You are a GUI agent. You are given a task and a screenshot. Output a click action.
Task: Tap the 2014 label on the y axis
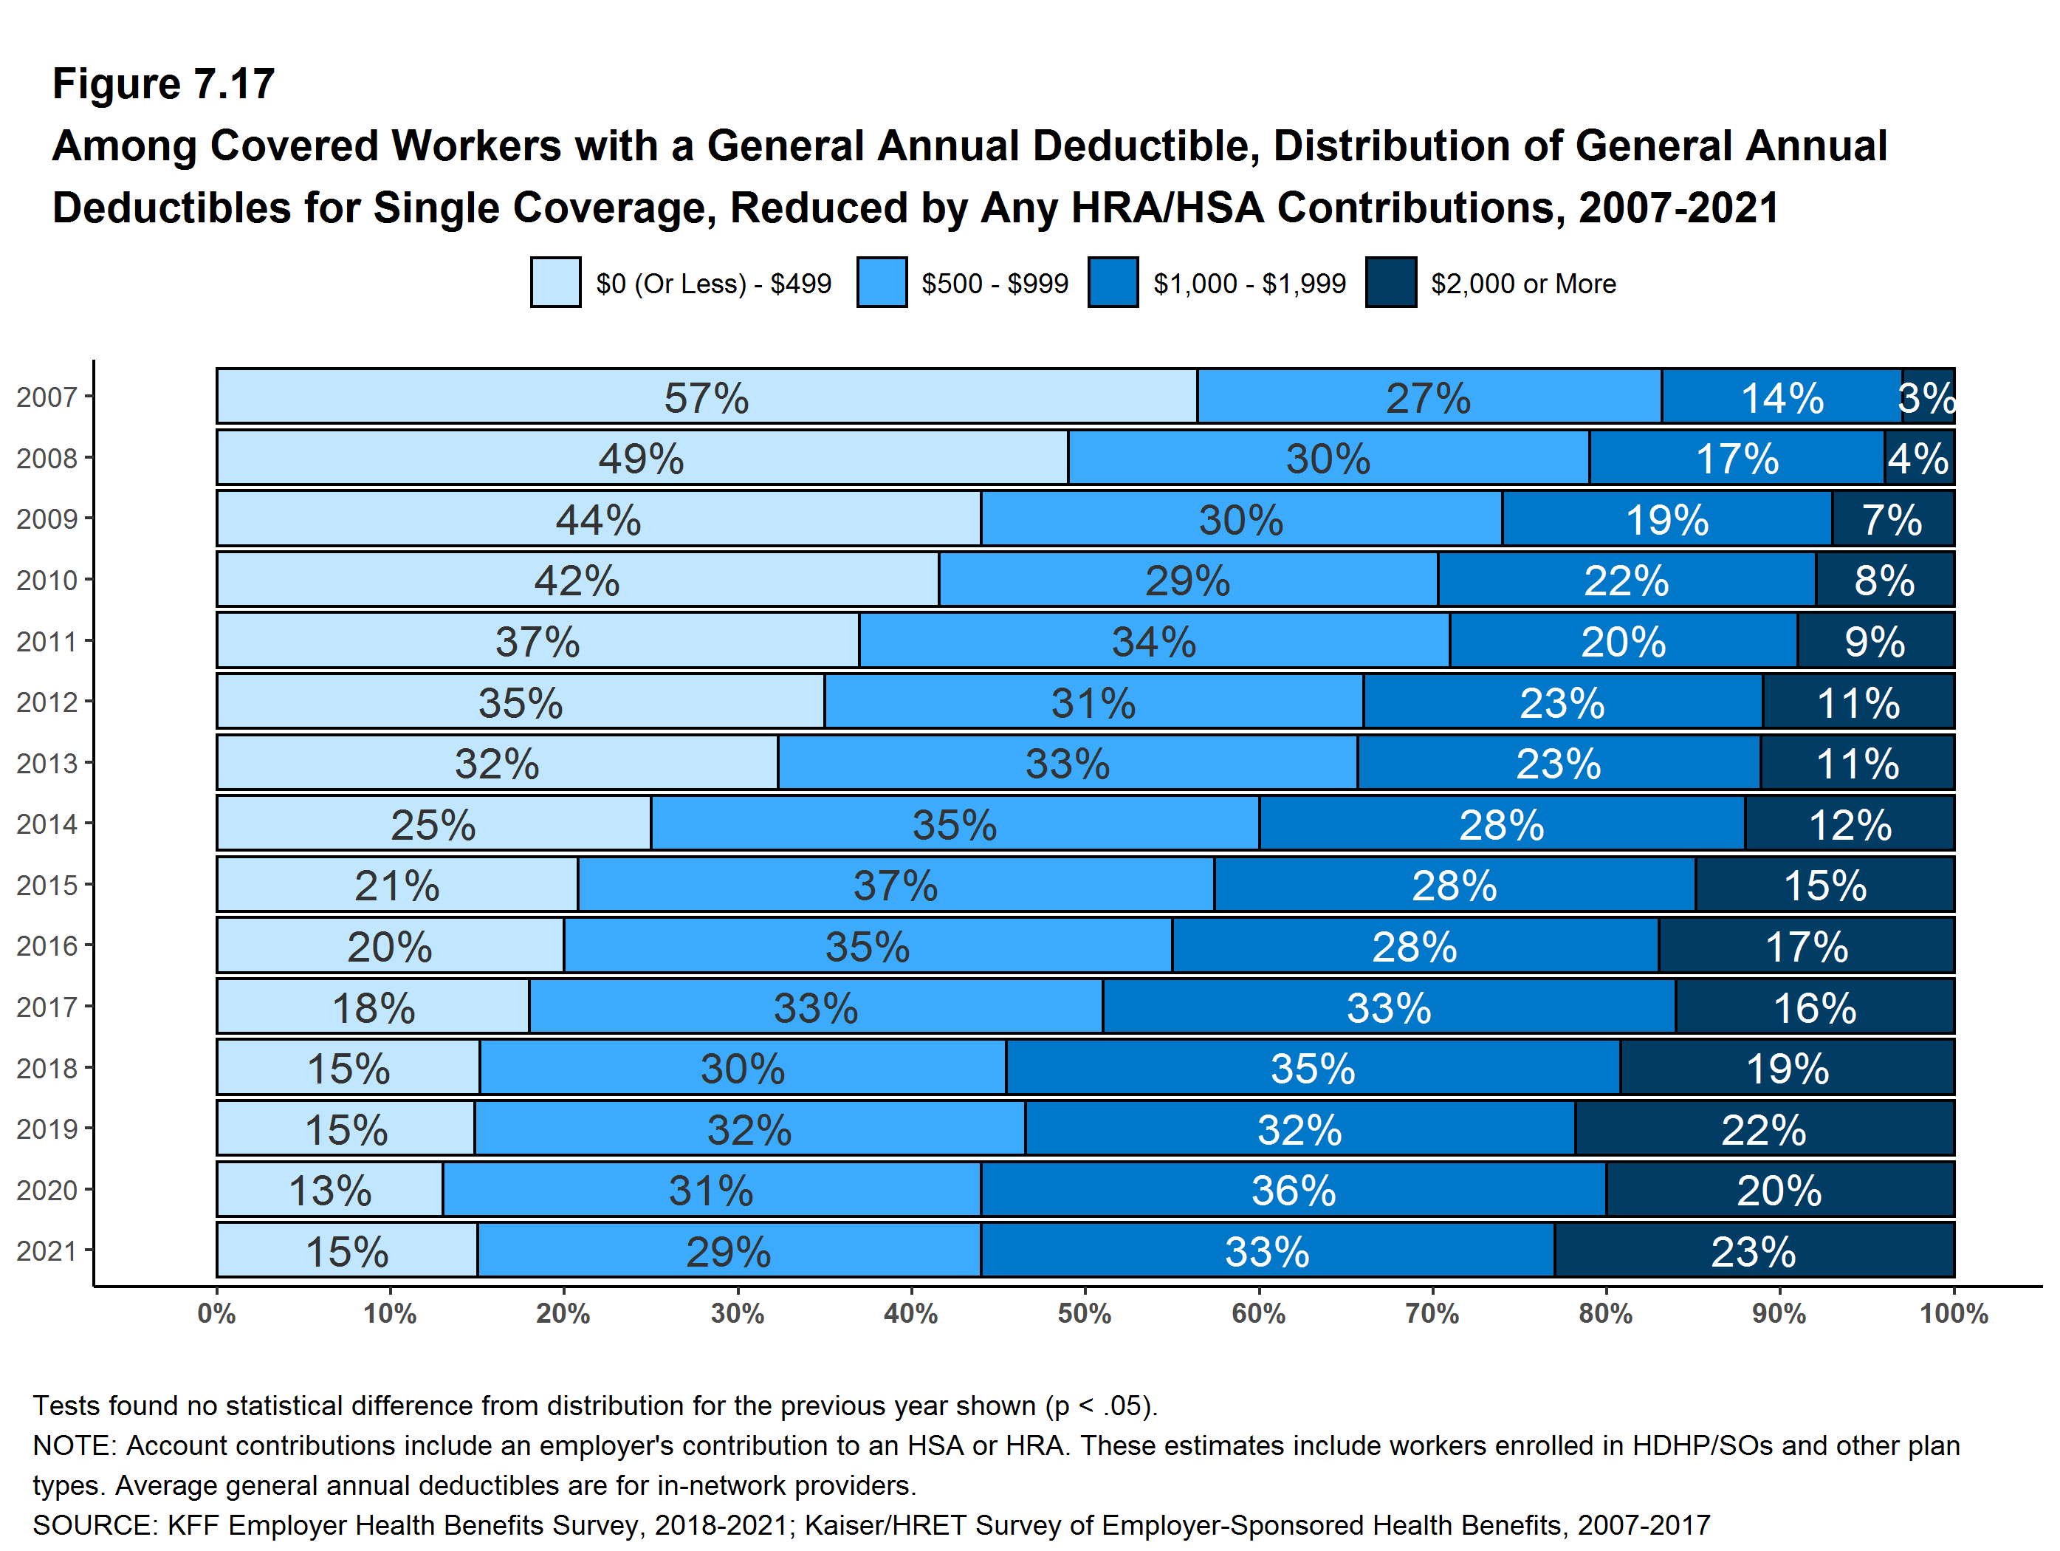coord(47,824)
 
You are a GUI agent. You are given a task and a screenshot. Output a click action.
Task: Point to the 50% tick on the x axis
coord(1084,1313)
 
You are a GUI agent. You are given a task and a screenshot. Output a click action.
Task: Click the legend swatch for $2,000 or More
coord(1390,282)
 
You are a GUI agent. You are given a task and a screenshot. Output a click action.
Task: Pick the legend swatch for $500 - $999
coord(881,282)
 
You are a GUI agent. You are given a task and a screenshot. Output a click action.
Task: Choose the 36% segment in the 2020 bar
coord(1293,1190)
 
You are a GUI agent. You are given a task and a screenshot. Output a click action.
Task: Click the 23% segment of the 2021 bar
coord(1754,1250)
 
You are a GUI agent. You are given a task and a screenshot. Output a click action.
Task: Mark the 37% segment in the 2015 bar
coord(895,885)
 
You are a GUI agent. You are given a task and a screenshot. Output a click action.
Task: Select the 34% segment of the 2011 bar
coord(1154,641)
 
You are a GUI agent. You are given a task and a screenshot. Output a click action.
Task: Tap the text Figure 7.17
coord(164,84)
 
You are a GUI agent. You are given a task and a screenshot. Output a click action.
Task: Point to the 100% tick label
coord(1954,1313)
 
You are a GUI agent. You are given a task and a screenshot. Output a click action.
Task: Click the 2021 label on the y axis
coord(47,1251)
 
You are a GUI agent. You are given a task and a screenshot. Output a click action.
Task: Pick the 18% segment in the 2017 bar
coord(373,1007)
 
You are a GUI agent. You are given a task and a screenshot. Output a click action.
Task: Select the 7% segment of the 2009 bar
coord(1892,519)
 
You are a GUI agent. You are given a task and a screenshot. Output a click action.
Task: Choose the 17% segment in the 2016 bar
coord(1806,945)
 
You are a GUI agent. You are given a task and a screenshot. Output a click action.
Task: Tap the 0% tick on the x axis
coord(216,1313)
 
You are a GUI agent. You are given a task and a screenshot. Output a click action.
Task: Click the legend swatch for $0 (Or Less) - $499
coord(556,282)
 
